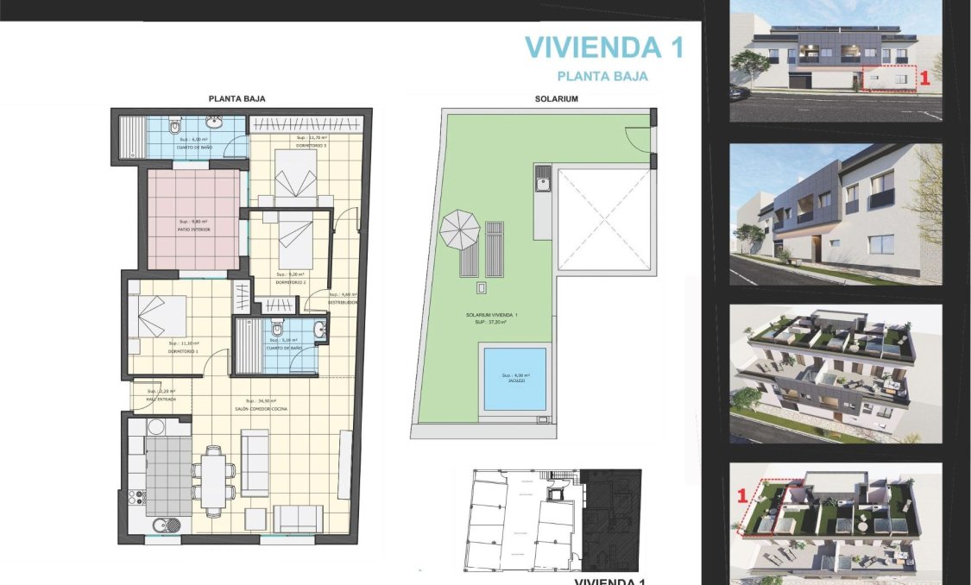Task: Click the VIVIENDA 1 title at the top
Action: click(x=604, y=47)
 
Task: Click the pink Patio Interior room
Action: click(x=192, y=220)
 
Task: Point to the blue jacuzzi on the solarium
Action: click(x=514, y=378)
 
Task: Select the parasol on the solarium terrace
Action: click(x=459, y=230)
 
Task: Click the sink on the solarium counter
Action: click(x=543, y=183)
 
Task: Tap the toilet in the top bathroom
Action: click(x=174, y=128)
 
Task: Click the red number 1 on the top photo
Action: click(x=924, y=78)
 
